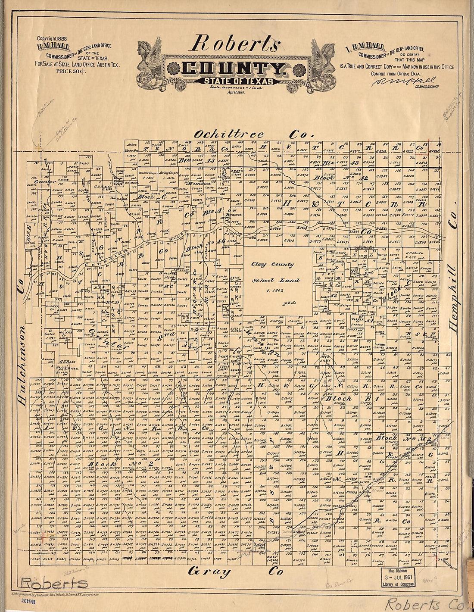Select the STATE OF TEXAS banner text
tap(233, 81)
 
